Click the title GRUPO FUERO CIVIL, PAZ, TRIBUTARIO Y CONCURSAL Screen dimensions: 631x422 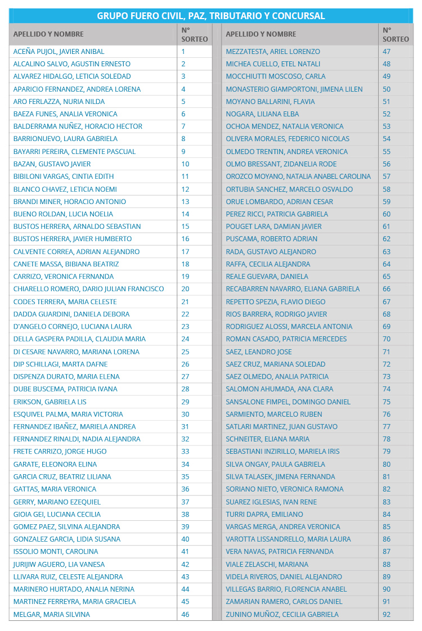pyautogui.click(x=211, y=16)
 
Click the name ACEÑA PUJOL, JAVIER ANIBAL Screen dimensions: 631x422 pyautogui.click(x=59, y=52)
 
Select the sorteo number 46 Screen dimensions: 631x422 pyautogui.click(x=185, y=614)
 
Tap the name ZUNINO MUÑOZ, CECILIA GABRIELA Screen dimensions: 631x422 pyautogui.click(x=282, y=614)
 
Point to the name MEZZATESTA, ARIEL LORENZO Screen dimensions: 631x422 pyautogui.click(x=272, y=52)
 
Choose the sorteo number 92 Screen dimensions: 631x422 pyautogui.click(x=387, y=614)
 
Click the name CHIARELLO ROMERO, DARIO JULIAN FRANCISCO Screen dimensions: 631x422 pyautogui.click(x=88, y=289)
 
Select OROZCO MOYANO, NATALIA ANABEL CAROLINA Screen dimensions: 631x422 pyautogui.click(x=298, y=176)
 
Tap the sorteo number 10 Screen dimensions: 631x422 pyautogui.click(x=185, y=164)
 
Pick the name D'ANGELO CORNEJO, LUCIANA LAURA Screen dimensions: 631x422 pyautogui.click(x=72, y=326)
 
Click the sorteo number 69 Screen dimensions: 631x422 pyautogui.click(x=387, y=326)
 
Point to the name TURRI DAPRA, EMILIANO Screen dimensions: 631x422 pyautogui.click(x=264, y=514)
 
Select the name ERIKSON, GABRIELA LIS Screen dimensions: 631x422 pyautogui.click(x=50, y=402)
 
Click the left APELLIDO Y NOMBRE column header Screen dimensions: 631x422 pyautogui.click(x=48, y=34)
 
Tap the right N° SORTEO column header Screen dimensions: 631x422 pyautogui.click(x=396, y=34)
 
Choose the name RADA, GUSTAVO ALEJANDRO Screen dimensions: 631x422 pyautogui.click(x=271, y=252)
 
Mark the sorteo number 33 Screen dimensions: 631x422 pyautogui.click(x=185, y=451)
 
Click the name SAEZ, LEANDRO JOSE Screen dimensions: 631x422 pyautogui.click(x=258, y=352)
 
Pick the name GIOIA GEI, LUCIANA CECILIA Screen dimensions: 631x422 pyautogui.click(x=57, y=514)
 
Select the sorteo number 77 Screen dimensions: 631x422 pyautogui.click(x=387, y=426)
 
